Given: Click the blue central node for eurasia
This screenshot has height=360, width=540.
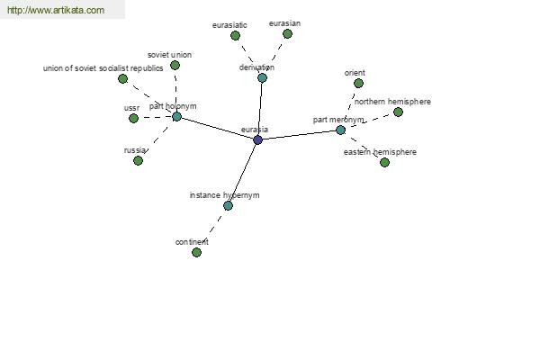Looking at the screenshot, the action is pyautogui.click(x=257, y=139).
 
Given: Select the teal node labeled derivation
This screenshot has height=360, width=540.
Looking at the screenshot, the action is pyautogui.click(x=262, y=78).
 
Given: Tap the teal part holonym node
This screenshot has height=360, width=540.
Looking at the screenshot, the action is pyautogui.click(x=176, y=116).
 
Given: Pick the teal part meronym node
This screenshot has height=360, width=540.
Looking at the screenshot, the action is pyautogui.click(x=340, y=130).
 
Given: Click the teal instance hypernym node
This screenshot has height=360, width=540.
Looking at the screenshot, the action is pyautogui.click(x=228, y=206).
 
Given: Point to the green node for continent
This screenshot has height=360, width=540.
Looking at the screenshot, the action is pyautogui.click(x=196, y=253).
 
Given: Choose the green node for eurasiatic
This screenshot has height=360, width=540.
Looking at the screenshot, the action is pyautogui.click(x=235, y=35).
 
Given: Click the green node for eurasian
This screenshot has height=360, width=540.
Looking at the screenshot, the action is pyautogui.click(x=288, y=34).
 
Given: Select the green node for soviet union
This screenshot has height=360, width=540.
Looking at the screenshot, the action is pyautogui.click(x=175, y=65).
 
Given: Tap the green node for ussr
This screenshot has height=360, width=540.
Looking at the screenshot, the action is pyautogui.click(x=133, y=119).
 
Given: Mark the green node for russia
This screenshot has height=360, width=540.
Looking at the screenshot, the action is pyautogui.click(x=138, y=160).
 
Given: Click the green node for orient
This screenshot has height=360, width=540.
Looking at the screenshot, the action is pyautogui.click(x=358, y=84).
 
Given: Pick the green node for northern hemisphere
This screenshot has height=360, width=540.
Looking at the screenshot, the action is pyautogui.click(x=398, y=112).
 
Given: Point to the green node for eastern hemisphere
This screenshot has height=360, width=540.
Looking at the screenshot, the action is pyautogui.click(x=384, y=162).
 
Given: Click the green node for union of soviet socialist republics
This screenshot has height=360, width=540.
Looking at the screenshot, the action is pyautogui.click(x=122, y=79).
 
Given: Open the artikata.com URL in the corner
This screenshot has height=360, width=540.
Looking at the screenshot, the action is pyautogui.click(x=56, y=10).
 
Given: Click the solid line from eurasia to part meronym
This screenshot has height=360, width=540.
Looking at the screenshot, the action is pyautogui.click(x=299, y=135).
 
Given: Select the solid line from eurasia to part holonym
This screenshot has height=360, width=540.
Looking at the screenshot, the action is pyautogui.click(x=217, y=128).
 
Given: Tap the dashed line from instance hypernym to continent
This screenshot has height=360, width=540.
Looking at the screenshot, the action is pyautogui.click(x=212, y=229).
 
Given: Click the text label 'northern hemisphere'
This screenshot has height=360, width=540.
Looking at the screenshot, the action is pyautogui.click(x=392, y=102).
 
